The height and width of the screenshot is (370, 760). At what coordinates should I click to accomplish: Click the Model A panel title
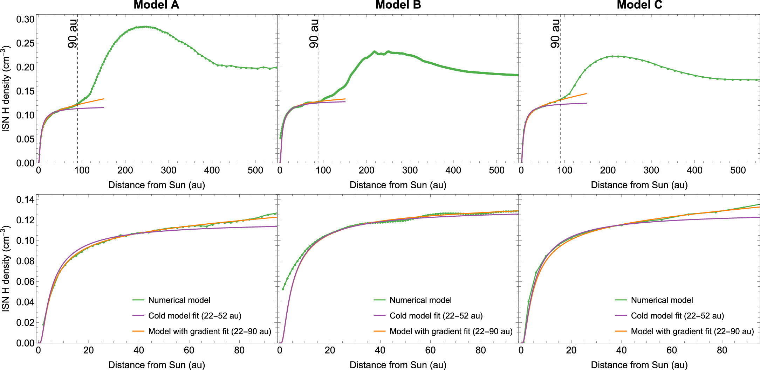pos(156,5)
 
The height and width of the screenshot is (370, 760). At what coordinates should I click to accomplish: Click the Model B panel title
pos(398,5)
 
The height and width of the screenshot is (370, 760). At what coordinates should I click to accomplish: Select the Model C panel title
pos(639,5)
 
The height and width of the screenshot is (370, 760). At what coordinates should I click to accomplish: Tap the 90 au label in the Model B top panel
pos(314,34)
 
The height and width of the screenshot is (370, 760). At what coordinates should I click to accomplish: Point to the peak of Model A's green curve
pos(145,27)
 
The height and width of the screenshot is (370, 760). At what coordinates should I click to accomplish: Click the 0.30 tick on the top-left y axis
pos(25,19)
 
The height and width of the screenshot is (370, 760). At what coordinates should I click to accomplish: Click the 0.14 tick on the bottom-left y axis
pos(25,200)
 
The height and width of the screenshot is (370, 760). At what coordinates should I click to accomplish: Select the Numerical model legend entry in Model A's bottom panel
pos(179,300)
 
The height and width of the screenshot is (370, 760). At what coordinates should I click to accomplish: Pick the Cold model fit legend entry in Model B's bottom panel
pos(436,316)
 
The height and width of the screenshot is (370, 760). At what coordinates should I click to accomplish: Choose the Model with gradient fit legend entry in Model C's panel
pos(692,331)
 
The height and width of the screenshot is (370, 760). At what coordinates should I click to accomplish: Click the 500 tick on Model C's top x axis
pos(738,170)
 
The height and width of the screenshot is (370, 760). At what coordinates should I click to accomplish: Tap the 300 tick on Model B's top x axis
pos(410,170)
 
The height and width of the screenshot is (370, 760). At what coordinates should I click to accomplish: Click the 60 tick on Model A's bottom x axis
pos(189,350)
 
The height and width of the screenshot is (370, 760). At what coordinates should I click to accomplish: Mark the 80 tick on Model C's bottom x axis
pos(722,350)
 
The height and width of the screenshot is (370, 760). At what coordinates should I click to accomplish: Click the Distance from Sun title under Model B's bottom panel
pos(398,365)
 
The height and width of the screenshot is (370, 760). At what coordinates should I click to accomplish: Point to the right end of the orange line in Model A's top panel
pos(104,99)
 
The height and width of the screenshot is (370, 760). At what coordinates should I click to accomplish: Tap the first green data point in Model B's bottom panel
pos(283,289)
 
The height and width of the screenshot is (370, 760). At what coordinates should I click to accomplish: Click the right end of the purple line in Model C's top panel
pos(586,103)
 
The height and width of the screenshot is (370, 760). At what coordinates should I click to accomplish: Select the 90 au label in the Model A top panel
pos(73,34)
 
